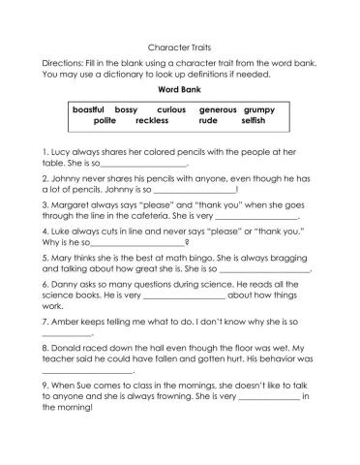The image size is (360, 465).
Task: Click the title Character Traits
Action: tap(179, 46)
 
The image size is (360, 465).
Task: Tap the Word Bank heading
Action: tap(179, 88)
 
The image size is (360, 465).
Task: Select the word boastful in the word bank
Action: tap(89, 110)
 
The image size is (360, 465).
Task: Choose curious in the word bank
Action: tap(171, 110)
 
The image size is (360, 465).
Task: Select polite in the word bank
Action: tap(106, 121)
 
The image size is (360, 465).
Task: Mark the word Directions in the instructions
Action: tap(63, 61)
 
